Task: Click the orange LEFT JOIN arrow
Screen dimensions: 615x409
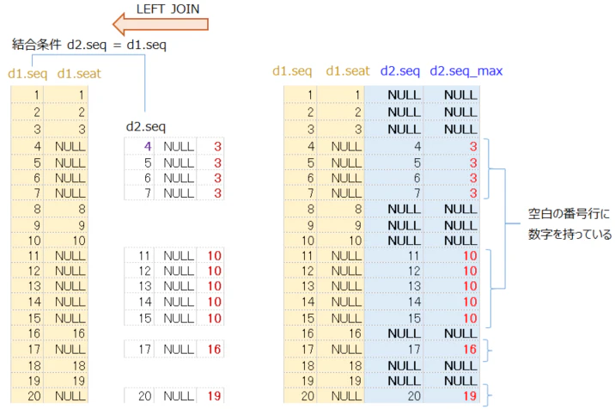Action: coord(160,24)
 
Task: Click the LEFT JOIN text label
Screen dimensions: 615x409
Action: coord(167,9)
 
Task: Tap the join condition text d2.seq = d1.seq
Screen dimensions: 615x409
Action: coord(117,45)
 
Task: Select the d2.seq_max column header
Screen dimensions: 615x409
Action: coord(466,71)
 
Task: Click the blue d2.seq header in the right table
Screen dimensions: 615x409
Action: coord(400,71)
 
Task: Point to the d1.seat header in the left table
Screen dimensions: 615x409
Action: coord(79,73)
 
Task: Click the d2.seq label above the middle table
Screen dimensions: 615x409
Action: coord(146,126)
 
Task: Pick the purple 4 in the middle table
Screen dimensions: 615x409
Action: coord(148,146)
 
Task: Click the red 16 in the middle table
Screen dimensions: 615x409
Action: coord(214,349)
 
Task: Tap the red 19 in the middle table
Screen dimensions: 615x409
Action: coord(214,395)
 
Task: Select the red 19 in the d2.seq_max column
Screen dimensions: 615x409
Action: coord(470,395)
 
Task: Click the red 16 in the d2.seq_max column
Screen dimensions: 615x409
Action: coord(470,349)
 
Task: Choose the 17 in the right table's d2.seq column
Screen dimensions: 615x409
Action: coord(414,349)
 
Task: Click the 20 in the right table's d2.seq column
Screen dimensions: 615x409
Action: coord(414,395)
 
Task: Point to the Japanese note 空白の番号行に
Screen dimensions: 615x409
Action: coord(569,214)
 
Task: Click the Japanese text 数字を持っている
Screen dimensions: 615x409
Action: coord(569,235)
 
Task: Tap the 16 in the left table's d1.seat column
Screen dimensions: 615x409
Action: coord(78,333)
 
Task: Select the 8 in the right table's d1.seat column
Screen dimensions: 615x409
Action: coord(357,209)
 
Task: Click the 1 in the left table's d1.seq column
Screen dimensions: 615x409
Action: coord(36,95)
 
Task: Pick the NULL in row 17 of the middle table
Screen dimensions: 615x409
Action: coord(179,349)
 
